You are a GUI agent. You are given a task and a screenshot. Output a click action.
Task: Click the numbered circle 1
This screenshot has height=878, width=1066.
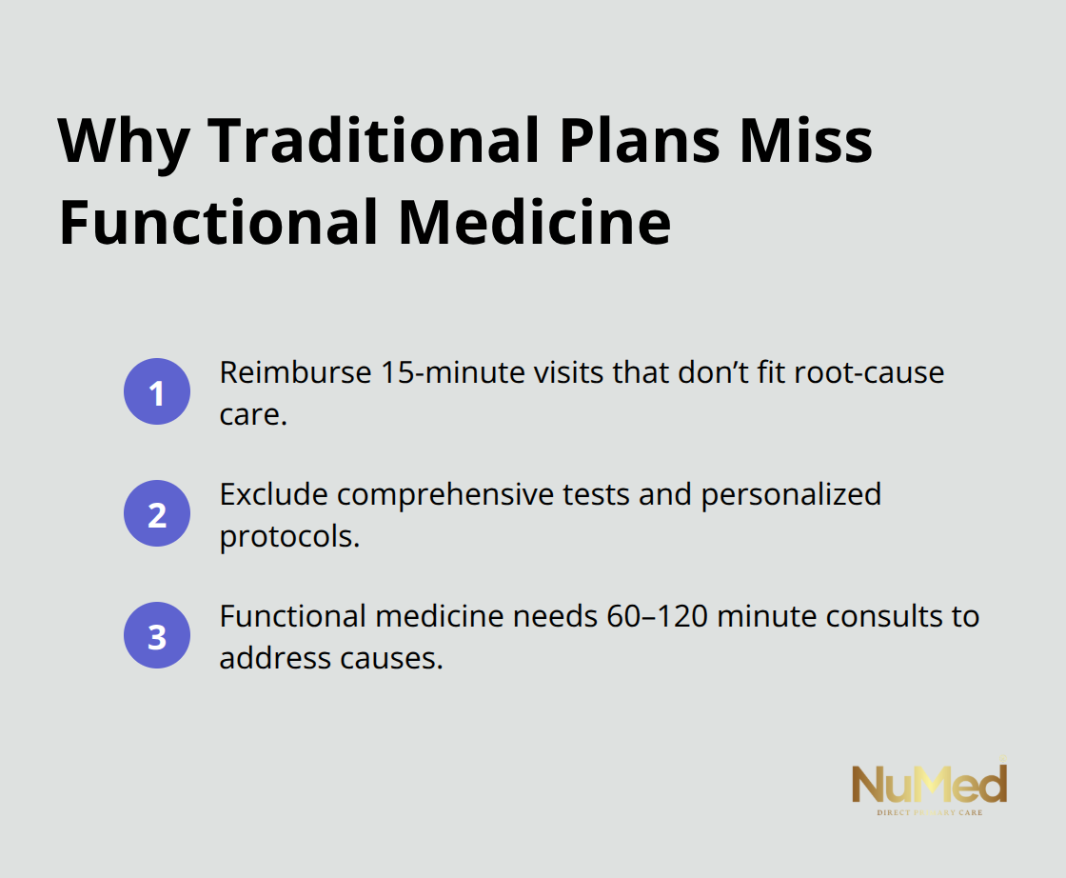[x=157, y=392]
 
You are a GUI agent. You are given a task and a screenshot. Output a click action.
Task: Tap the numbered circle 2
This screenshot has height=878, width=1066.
[x=157, y=514]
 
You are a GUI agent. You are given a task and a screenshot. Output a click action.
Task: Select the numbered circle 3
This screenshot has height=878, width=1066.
[x=157, y=636]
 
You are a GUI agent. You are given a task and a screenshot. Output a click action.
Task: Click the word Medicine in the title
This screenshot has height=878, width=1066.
[x=535, y=223]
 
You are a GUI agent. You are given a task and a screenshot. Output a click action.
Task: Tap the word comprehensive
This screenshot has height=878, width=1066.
[x=444, y=494]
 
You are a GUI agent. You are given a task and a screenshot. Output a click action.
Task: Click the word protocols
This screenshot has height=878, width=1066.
[x=289, y=536]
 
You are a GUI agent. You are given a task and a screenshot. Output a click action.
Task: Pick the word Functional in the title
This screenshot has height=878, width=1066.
[x=219, y=223]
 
